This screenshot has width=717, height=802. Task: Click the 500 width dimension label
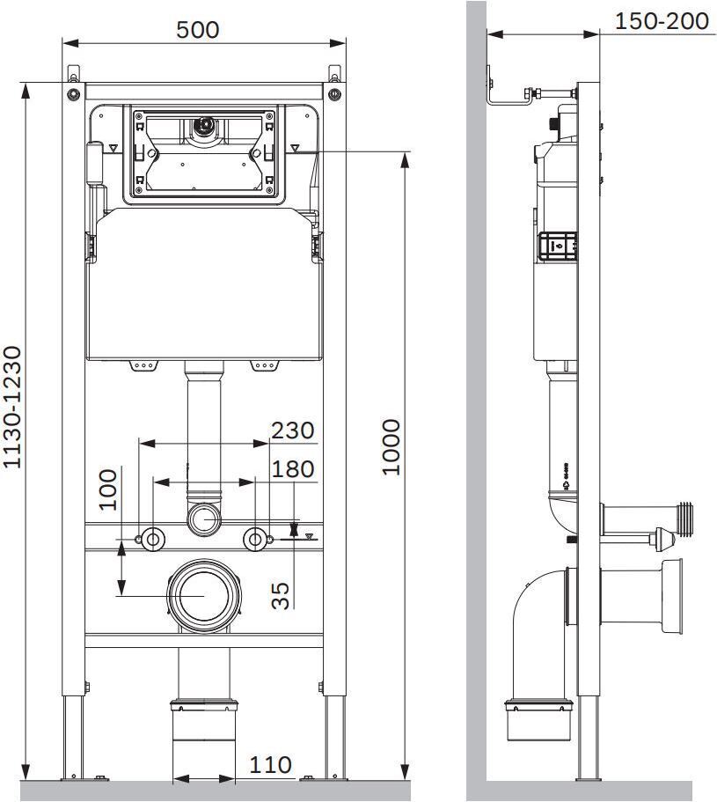198,30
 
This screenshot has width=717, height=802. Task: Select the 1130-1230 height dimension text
12,407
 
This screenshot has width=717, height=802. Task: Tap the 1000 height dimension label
391,447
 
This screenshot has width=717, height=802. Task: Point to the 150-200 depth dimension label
662,21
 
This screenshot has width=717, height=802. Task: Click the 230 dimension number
292,430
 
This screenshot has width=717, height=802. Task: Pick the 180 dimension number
292,469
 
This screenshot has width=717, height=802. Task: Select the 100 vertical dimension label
108,490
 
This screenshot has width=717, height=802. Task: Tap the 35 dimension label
280,596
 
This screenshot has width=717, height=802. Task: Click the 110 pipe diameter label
270,765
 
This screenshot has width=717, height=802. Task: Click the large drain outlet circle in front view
204,595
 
